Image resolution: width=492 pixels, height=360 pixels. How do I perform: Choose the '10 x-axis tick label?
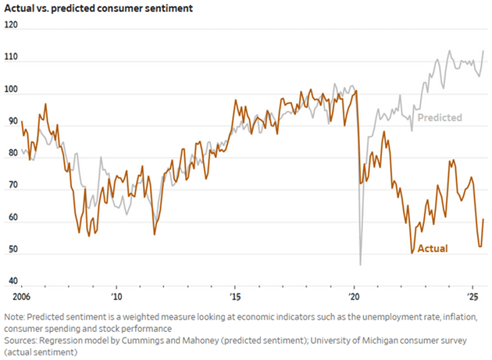[x=116, y=298]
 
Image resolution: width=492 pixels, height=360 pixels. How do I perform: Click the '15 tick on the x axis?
[x=235, y=298]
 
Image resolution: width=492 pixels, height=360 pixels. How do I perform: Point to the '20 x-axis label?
[x=354, y=298]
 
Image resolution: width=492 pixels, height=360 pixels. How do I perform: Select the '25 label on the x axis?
[x=472, y=298]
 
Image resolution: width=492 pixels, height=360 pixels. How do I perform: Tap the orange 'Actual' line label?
[x=433, y=248]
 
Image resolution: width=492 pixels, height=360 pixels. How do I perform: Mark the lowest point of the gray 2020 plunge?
[x=360, y=265]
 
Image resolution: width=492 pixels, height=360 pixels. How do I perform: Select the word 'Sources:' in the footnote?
[x=22, y=341]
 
